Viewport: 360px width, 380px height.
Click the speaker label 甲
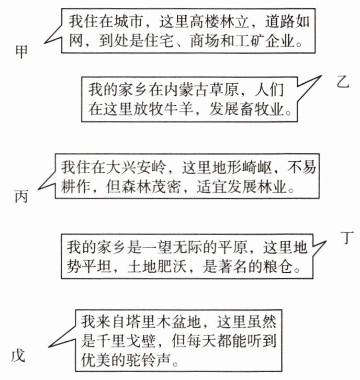pos(22,52)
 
